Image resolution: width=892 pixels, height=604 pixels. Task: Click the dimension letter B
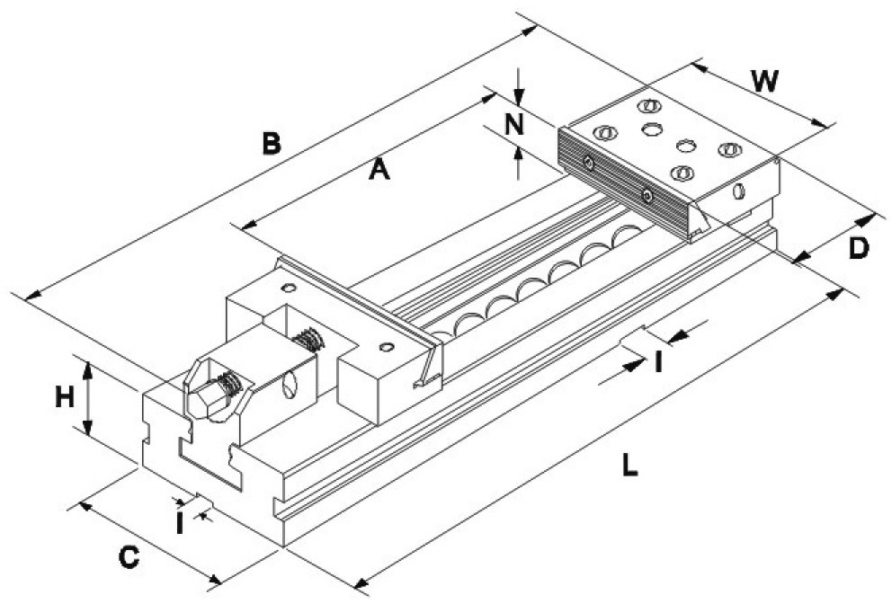coord(272,143)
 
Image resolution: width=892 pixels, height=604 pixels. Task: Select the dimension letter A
coord(379,169)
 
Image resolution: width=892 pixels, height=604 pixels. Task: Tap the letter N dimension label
coord(515,124)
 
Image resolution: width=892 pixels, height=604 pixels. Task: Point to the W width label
coord(764,81)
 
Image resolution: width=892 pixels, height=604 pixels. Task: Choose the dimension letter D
coord(859,249)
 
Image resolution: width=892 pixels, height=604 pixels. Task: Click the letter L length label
coord(629,466)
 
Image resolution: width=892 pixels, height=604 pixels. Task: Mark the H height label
coord(64,397)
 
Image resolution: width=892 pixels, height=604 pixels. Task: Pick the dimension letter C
coord(129,557)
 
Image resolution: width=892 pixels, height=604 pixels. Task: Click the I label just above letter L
coord(658,362)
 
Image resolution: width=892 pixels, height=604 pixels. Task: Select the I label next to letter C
coord(180,523)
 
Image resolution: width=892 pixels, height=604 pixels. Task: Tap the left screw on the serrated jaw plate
coord(589,164)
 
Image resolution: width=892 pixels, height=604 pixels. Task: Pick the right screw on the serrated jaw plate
coord(647,196)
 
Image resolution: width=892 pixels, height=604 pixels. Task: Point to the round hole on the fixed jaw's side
coord(738,191)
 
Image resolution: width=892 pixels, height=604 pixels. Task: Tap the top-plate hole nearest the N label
coord(605,133)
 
